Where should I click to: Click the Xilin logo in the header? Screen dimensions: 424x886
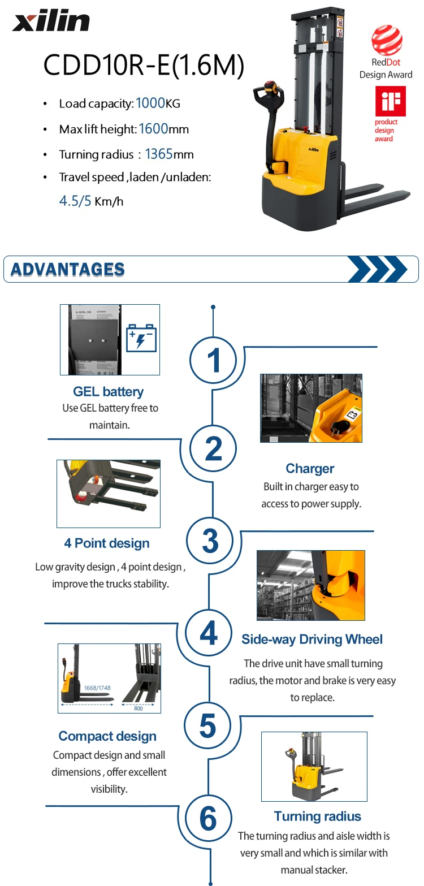pos(51,22)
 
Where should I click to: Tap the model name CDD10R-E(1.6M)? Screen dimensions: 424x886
pos(144,65)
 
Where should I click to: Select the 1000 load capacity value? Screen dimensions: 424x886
pos(149,103)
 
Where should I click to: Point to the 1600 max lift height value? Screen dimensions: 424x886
pos(153,129)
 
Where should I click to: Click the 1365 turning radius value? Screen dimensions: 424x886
pos(159,154)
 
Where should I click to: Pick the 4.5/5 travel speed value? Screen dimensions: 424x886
pos(75,201)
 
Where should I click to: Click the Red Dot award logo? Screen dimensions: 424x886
pos(387,41)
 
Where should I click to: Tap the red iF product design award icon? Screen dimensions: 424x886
pos(390,101)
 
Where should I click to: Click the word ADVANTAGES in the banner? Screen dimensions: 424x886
pos(68,269)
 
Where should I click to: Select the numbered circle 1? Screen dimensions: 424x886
pos(213,360)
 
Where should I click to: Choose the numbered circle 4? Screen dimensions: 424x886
pos(209,633)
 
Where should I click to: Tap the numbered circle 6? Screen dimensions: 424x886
pos(208,818)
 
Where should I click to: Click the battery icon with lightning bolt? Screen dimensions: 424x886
pos(141,338)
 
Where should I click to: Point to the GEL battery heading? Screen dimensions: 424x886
pos(109,391)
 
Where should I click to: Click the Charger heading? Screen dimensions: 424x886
pos(310,468)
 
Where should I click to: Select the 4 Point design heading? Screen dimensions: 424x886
pos(107,543)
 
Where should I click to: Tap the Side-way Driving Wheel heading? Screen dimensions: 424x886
pos(312,639)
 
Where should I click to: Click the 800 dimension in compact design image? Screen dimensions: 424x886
pos(139,708)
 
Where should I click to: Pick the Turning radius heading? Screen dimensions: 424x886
pos(317,816)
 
